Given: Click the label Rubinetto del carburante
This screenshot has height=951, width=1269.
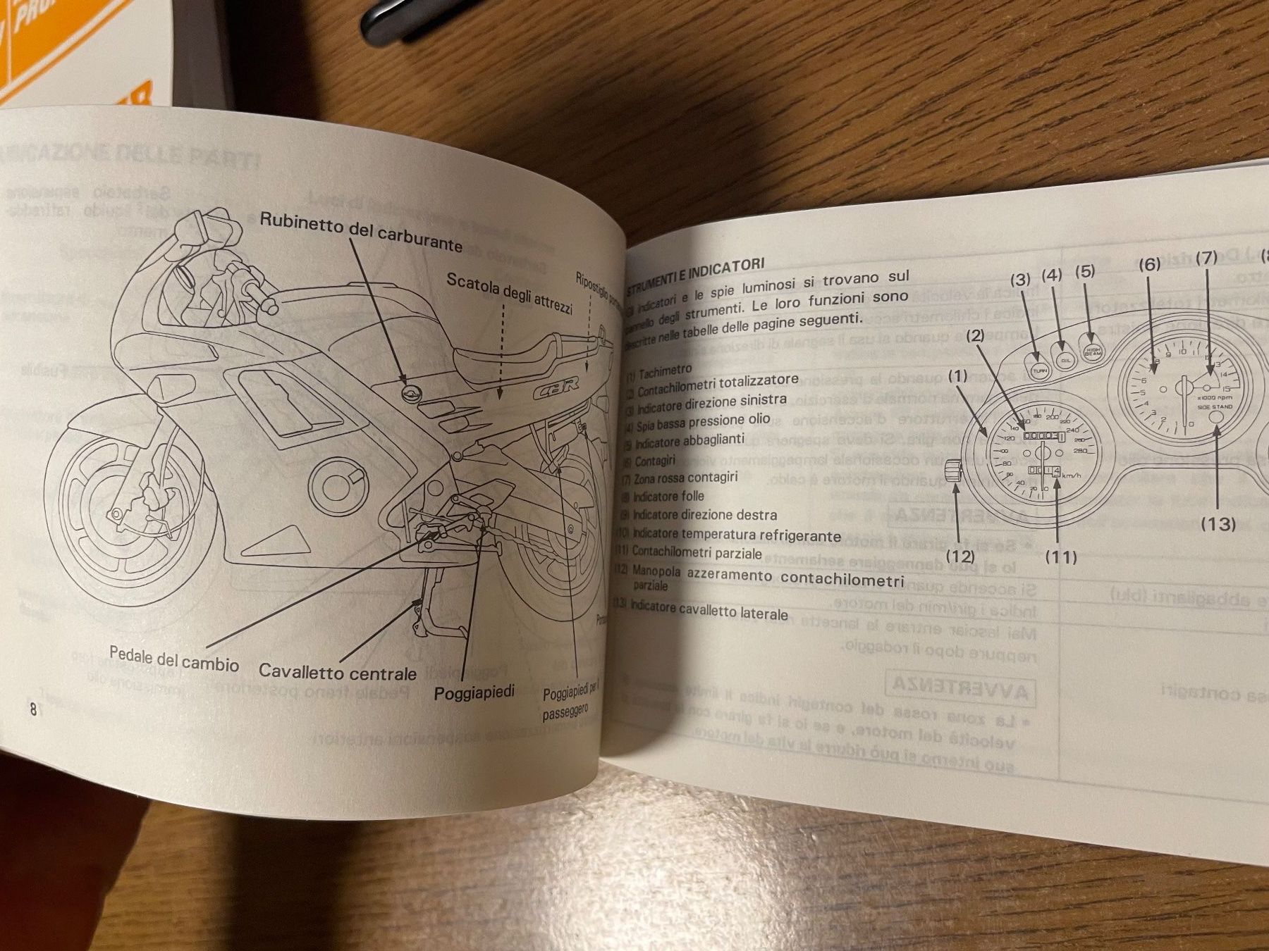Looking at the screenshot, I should click(x=361, y=232).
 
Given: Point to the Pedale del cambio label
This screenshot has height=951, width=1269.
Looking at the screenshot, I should click(x=173, y=660).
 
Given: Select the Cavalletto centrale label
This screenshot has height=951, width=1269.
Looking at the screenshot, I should click(x=338, y=671).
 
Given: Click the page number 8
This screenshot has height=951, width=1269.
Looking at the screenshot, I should click(x=32, y=709).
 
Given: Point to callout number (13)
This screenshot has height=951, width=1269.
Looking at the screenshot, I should click(x=1219, y=524).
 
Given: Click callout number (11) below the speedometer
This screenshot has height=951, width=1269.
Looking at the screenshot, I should click(x=1061, y=557).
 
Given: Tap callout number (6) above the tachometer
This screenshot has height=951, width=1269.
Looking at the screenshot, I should click(x=1149, y=264).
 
